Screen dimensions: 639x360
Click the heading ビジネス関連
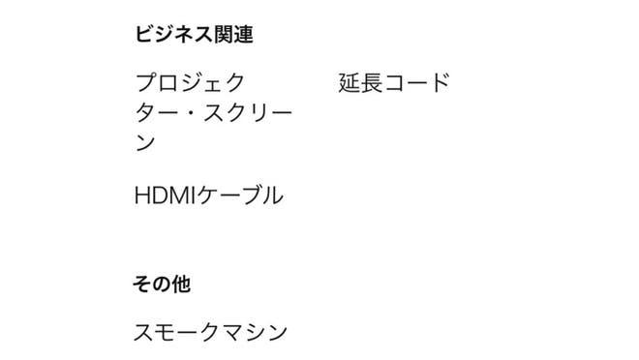click(194, 34)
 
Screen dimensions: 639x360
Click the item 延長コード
click(394, 82)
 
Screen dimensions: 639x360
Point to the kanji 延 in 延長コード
click(350, 82)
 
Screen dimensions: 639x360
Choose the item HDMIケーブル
click(209, 195)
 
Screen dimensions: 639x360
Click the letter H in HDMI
click(141, 195)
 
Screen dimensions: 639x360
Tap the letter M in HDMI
click(180, 195)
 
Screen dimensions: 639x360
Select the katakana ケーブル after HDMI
click(240, 195)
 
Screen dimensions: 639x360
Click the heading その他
click(162, 284)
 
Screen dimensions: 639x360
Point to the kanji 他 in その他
click(180, 284)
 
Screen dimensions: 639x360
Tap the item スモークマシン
click(210, 332)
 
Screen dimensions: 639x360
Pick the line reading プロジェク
click(190, 82)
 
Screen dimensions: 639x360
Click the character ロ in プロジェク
click(167, 83)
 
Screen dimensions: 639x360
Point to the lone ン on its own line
click(145, 143)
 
